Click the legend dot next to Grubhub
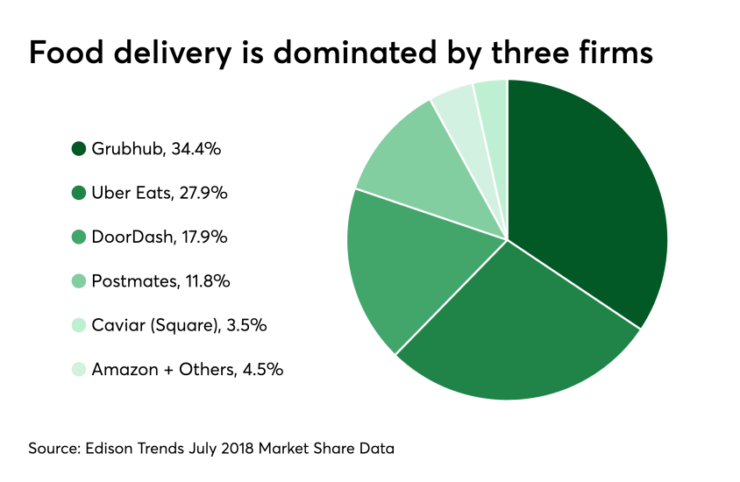(79, 149)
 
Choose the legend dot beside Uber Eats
(79, 193)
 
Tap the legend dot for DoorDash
(79, 237)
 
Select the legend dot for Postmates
(79, 281)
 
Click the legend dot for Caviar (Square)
(79, 325)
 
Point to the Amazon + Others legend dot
(79, 370)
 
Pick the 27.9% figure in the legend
(203, 193)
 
